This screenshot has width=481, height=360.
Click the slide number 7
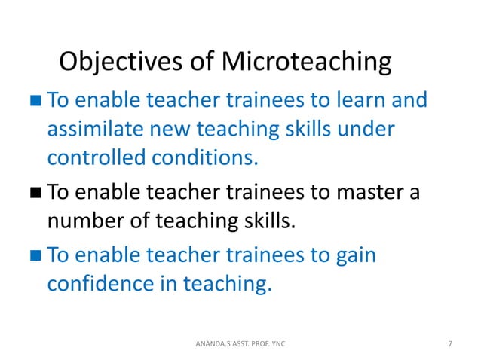point(450,344)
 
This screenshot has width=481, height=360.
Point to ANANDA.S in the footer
point(208,344)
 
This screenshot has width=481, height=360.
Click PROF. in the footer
point(262,344)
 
